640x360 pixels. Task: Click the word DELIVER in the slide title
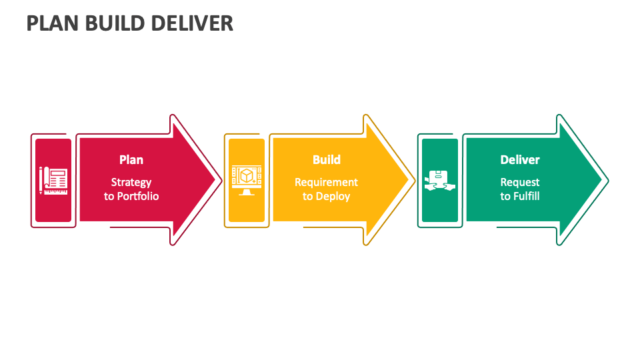click(193, 23)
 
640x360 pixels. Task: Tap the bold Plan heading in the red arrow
click(131, 160)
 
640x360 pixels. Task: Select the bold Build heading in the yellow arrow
click(327, 160)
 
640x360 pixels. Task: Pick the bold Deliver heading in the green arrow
click(520, 160)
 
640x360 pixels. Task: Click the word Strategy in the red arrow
click(131, 182)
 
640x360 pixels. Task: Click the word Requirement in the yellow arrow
click(327, 182)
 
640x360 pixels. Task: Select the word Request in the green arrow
click(520, 182)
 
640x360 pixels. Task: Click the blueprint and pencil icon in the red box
click(53, 180)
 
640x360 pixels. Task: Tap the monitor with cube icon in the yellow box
click(247, 180)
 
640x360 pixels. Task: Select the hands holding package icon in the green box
click(440, 180)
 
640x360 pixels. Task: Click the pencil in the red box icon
click(41, 180)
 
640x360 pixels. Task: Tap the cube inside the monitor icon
click(247, 176)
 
